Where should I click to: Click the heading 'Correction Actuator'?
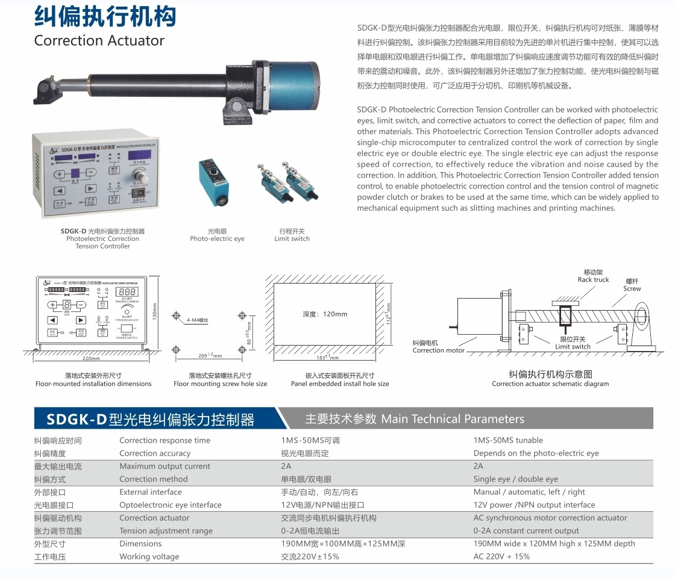(x=99, y=41)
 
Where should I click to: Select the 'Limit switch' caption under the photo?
(x=292, y=239)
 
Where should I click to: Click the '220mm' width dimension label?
(x=91, y=358)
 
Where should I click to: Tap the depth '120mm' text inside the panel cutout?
(x=325, y=314)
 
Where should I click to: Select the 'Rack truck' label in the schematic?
(x=593, y=279)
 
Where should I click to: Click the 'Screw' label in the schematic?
(x=632, y=289)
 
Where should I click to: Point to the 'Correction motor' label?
(x=438, y=350)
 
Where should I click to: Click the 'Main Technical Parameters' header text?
(x=453, y=419)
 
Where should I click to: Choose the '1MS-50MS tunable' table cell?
(x=508, y=441)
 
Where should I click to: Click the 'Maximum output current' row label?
(x=165, y=467)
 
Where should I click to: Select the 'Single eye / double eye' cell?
(x=515, y=479)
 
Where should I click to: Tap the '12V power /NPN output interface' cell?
(x=534, y=505)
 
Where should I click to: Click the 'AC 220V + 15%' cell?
(x=501, y=557)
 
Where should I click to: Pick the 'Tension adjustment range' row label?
(x=166, y=531)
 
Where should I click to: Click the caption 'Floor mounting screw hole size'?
(x=220, y=384)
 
